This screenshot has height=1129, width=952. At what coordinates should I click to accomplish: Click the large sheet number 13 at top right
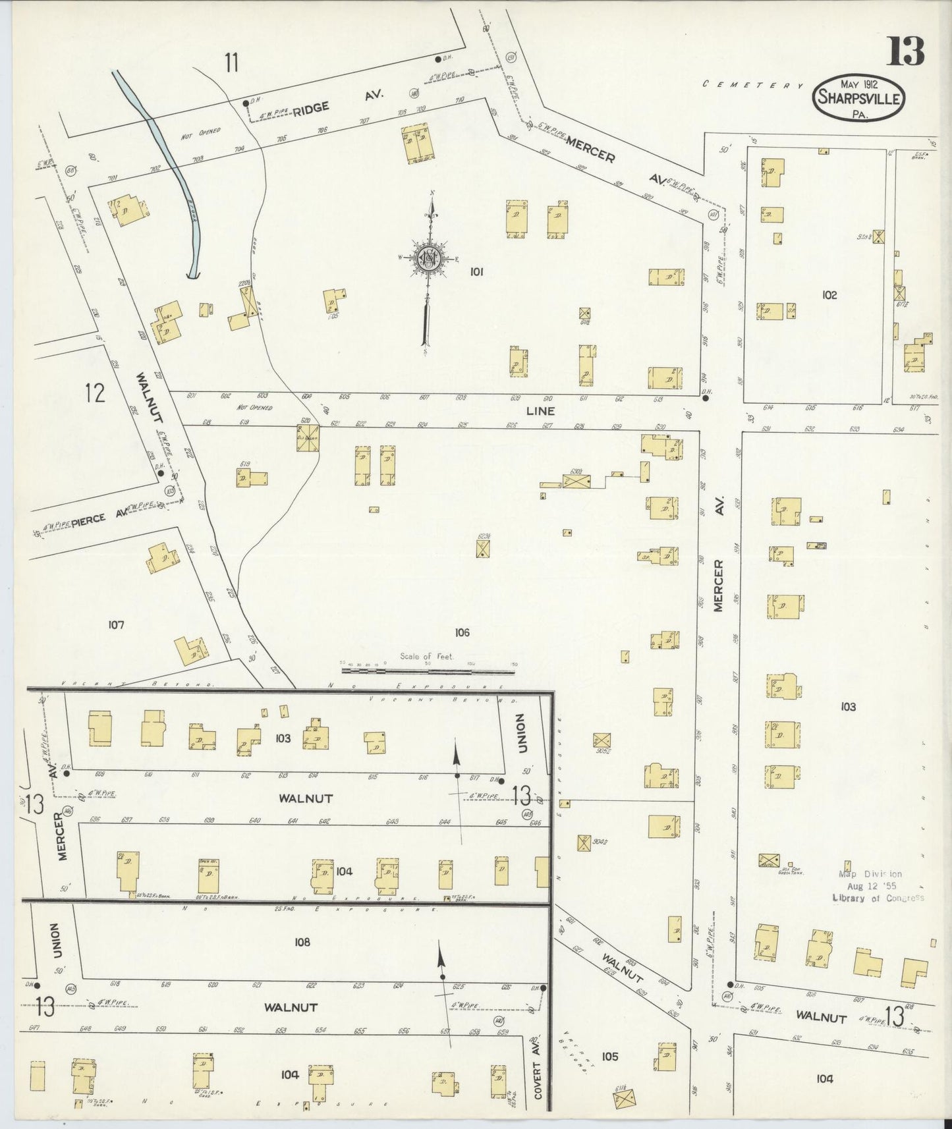pyautogui.click(x=905, y=51)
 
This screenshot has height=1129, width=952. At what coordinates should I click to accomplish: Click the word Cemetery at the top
pyautogui.click(x=753, y=85)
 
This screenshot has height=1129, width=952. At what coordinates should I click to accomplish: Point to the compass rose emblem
pyautogui.click(x=429, y=258)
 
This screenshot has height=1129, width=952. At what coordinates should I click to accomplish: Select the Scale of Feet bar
pyautogui.click(x=428, y=671)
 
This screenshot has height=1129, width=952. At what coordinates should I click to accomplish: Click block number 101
pyautogui.click(x=476, y=271)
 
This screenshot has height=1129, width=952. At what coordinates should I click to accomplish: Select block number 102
pyautogui.click(x=829, y=295)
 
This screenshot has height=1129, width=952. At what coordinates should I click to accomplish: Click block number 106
pyautogui.click(x=462, y=632)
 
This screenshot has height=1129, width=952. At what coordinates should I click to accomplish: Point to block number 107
pyautogui.click(x=116, y=624)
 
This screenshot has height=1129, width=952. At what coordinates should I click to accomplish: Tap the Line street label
pyautogui.click(x=541, y=411)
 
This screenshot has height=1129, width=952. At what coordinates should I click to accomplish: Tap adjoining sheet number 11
pyautogui.click(x=231, y=63)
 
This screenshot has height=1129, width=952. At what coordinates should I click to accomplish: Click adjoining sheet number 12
pyautogui.click(x=95, y=393)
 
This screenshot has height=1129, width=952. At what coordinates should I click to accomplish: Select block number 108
pyautogui.click(x=302, y=942)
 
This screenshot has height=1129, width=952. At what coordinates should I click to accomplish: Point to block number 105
pyautogui.click(x=610, y=1057)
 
